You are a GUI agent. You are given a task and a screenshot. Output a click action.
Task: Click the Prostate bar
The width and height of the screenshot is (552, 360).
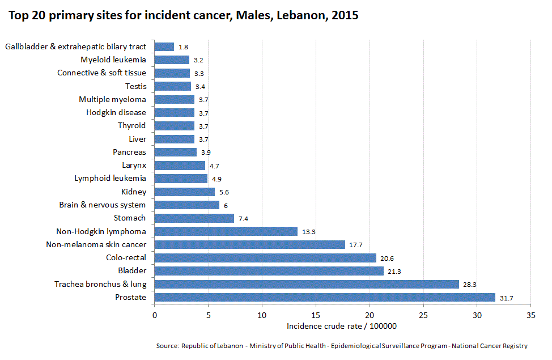click(324, 297)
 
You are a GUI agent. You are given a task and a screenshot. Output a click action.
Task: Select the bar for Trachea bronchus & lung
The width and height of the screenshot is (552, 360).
click(306, 284)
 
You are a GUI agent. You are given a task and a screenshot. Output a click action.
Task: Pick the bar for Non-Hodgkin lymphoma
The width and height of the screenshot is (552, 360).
click(226, 231)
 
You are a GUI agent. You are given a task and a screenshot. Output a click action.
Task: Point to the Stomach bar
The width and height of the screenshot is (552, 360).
click(194, 218)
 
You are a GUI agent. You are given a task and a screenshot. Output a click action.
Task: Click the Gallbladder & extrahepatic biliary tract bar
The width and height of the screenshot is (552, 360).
click(164, 46)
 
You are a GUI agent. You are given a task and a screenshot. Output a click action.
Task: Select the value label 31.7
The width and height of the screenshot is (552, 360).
click(506, 298)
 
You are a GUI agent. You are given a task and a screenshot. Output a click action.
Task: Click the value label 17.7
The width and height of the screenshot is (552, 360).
click(356, 245)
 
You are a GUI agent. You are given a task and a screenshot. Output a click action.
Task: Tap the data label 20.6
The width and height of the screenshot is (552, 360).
click(387, 258)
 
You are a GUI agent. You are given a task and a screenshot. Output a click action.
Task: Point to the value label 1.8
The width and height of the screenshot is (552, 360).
click(183, 47)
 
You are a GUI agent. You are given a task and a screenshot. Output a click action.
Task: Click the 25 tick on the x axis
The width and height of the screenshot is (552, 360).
click(423, 315)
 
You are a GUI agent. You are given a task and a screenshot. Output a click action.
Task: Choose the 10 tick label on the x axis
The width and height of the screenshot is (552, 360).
click(262, 315)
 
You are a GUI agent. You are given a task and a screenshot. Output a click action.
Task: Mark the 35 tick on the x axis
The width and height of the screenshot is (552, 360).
click(531, 315)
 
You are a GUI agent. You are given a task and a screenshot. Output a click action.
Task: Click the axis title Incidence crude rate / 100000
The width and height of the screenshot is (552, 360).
click(341, 326)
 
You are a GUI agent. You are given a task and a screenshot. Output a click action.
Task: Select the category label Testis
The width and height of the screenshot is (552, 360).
click(135, 86)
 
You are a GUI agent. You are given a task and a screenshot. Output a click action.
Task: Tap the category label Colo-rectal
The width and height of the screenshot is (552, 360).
click(126, 257)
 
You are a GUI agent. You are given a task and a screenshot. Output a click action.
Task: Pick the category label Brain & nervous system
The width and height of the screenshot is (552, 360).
click(102, 205)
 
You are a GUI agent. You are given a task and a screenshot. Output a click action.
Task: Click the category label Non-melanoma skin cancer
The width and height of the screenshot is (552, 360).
click(96, 244)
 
